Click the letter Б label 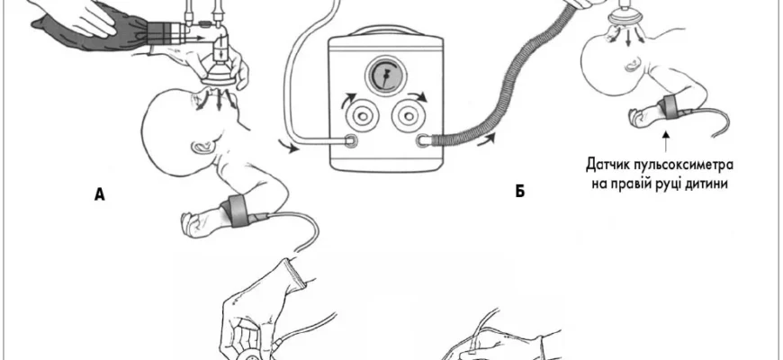click(x=520, y=192)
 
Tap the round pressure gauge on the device click(x=390, y=77)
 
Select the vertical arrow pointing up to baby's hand click(x=665, y=139)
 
